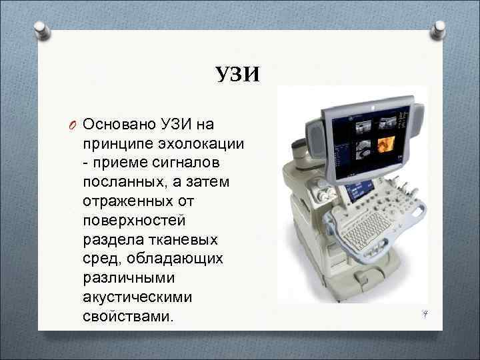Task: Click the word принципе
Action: click(x=118, y=144)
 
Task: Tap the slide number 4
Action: click(x=423, y=313)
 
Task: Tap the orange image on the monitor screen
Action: click(x=386, y=144)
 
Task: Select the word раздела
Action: click(x=110, y=239)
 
